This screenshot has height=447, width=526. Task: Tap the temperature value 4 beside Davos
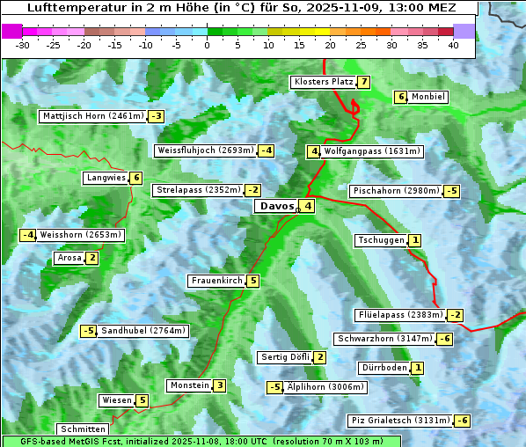[x=308, y=207]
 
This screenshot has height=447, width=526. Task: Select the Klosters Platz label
[x=323, y=82]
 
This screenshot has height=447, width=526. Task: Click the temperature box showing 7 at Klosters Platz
[x=362, y=82]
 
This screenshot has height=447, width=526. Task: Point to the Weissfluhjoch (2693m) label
[x=205, y=150]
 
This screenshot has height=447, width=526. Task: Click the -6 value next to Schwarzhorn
[x=446, y=339]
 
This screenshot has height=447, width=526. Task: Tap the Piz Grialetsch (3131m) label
[x=400, y=421]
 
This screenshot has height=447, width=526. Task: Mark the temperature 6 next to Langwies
[x=137, y=178]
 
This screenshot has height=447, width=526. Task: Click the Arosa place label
[x=69, y=258]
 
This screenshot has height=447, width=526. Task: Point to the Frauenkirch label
[x=216, y=281]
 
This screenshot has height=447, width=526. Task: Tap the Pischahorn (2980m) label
[x=395, y=191]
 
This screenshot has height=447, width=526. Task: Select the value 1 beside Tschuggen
[x=415, y=240]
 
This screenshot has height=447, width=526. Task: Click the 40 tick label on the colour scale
[x=453, y=45]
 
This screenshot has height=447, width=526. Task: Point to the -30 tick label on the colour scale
[x=23, y=45]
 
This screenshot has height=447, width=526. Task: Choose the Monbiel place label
[x=428, y=97]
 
